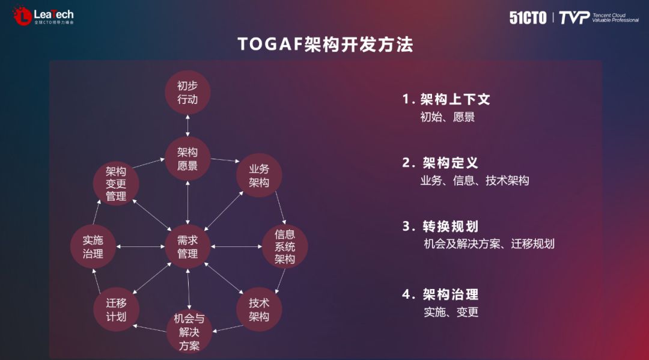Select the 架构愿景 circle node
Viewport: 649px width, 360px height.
(x=187, y=159)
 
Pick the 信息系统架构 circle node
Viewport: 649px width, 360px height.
(x=285, y=246)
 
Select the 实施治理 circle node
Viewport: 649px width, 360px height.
(x=93, y=246)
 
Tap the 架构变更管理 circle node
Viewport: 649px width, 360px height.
(x=116, y=184)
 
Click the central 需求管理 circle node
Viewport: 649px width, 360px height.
(x=187, y=246)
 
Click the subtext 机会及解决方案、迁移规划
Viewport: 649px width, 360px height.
(x=489, y=244)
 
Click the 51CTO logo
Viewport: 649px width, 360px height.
(x=528, y=17)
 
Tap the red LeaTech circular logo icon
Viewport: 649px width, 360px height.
(x=23, y=16)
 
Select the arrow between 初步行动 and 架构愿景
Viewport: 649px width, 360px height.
(x=187, y=126)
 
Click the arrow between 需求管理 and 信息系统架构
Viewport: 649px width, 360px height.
(x=236, y=246)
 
